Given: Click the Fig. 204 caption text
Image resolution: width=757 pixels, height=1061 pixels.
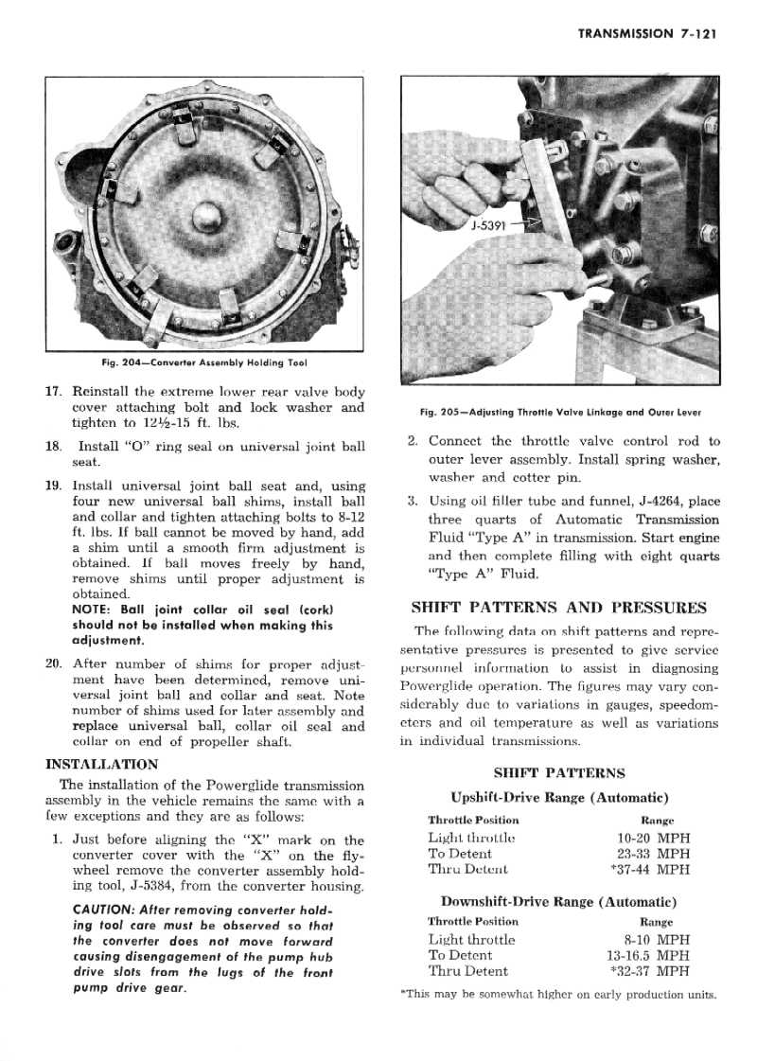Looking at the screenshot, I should (x=203, y=363).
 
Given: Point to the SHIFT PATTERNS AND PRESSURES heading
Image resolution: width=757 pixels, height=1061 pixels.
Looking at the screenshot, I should (x=558, y=608).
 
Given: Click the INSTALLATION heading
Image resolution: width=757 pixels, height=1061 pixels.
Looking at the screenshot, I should (x=102, y=764).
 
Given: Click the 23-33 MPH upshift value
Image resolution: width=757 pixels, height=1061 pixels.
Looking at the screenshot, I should (x=652, y=854).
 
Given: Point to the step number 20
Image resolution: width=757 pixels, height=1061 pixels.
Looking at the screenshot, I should (x=54, y=663).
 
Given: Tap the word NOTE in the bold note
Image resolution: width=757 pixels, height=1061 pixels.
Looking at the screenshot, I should (x=92, y=609).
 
